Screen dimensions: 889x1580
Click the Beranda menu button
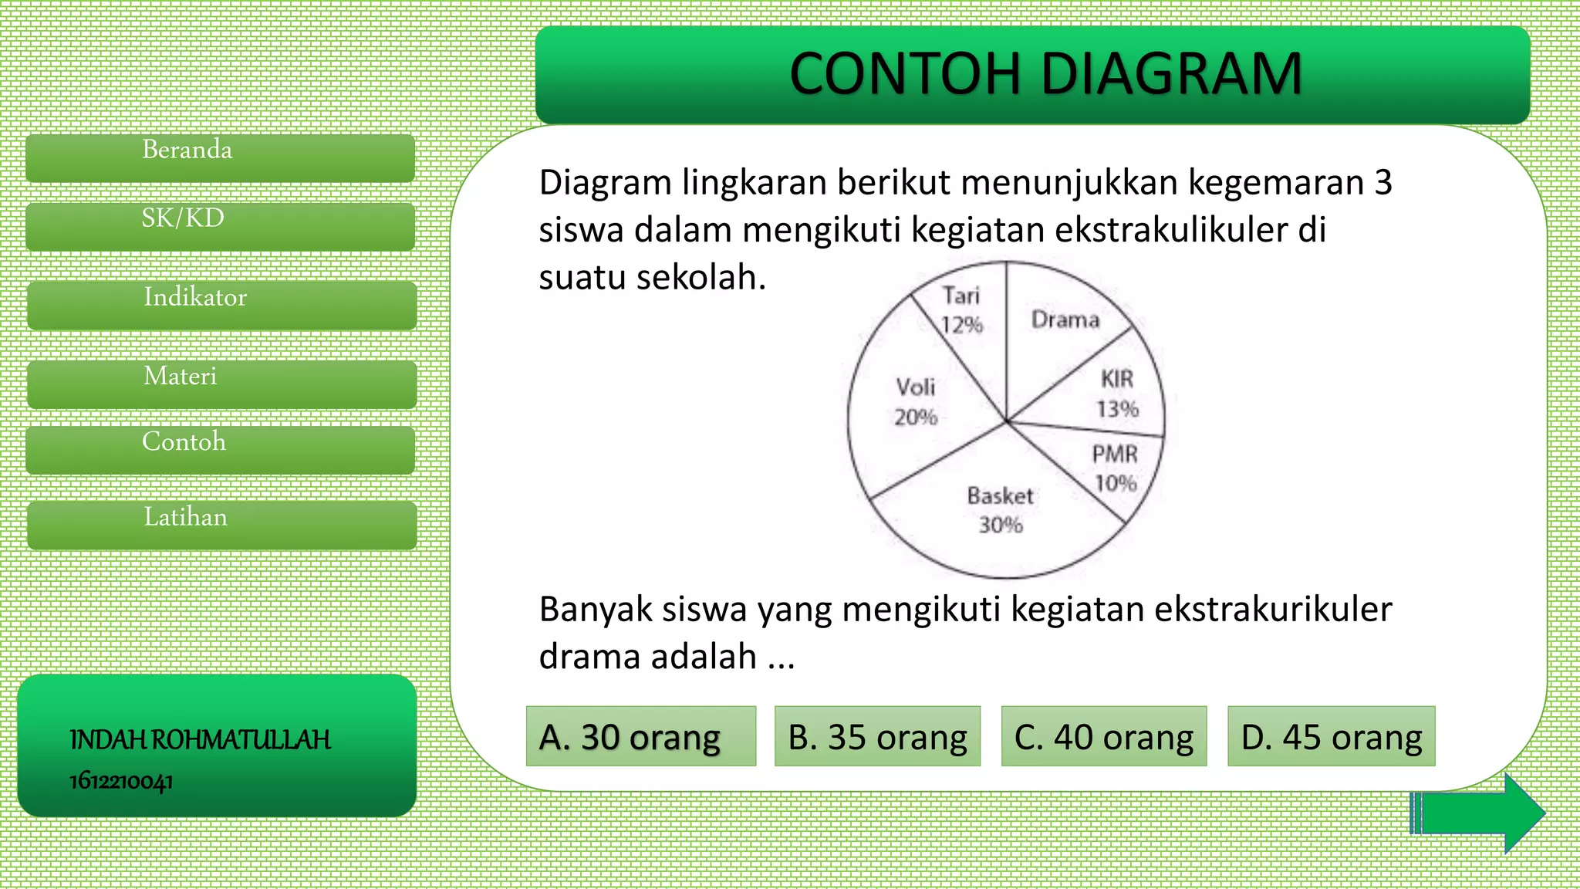tap(221, 157)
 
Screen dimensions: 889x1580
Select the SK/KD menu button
tap(221, 226)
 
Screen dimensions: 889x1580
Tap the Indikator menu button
tap(222, 305)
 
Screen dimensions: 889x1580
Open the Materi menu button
tap(222, 384)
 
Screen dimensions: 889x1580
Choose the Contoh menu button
tap(221, 449)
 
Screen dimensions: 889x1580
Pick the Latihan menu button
tap(222, 525)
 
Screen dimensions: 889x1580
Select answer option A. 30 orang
tap(641, 736)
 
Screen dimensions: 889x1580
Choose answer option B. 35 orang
tap(877, 736)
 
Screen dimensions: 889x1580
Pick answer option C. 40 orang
tap(1104, 736)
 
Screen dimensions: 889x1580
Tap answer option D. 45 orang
tap(1332, 736)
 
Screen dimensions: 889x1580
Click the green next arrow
tap(1477, 813)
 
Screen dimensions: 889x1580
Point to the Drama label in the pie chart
tap(1065, 319)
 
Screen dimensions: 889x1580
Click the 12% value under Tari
tap(962, 325)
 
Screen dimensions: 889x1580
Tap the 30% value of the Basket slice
tap(1001, 525)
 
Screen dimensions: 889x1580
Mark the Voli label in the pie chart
tap(916, 387)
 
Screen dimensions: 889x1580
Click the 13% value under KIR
tap(1118, 408)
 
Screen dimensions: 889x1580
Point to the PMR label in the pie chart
tap(1115, 454)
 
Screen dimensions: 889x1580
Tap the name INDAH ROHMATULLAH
tap(201, 740)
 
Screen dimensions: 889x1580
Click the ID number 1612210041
tap(121, 781)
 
